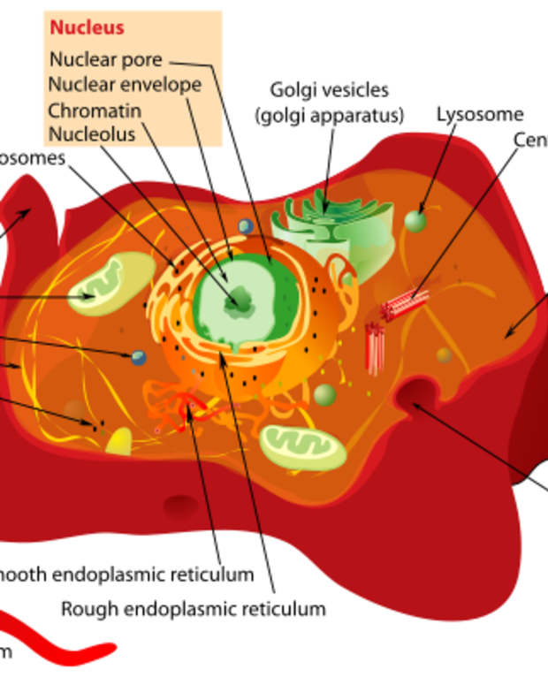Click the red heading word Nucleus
pyautogui.click(x=87, y=27)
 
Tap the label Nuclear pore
pyautogui.click(x=106, y=60)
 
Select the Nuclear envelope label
pyautogui.click(x=125, y=85)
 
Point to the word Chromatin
pyautogui.click(x=94, y=110)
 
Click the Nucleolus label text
pyautogui.click(x=92, y=134)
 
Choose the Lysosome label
pyautogui.click(x=480, y=115)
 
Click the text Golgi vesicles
pyautogui.click(x=329, y=90)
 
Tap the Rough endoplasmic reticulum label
pyautogui.click(x=193, y=609)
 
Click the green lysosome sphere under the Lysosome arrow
pyautogui.click(x=415, y=221)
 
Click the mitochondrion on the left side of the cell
pyautogui.click(x=110, y=284)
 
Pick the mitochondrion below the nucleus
pyautogui.click(x=302, y=446)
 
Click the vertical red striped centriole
pyautogui.click(x=375, y=346)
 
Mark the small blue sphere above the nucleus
pyautogui.click(x=246, y=226)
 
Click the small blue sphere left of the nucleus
pyautogui.click(x=139, y=358)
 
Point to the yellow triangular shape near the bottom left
pyautogui.click(x=118, y=442)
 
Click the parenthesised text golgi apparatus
pyautogui.click(x=329, y=115)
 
